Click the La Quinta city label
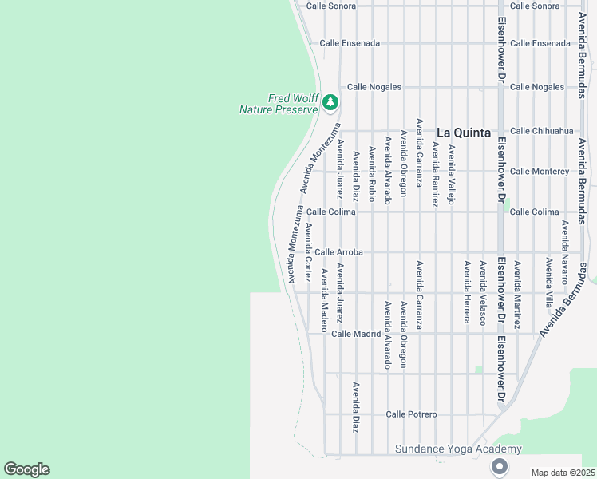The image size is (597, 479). [x=464, y=133]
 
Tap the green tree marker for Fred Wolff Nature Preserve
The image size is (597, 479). [x=330, y=102]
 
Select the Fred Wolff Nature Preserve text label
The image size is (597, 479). [x=279, y=104]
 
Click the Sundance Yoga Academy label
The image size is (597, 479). [x=458, y=449]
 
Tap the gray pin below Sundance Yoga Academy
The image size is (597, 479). [x=500, y=465]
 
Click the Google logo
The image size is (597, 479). [x=26, y=469]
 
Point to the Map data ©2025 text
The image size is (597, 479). [x=563, y=473]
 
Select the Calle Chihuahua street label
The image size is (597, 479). [x=541, y=131]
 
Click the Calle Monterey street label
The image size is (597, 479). [x=539, y=172]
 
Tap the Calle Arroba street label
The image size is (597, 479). [x=338, y=252]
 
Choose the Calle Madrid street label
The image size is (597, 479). [x=356, y=334]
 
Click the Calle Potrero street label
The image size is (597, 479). [x=411, y=414]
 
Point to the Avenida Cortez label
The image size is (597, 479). [x=308, y=251]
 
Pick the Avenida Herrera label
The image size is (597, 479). [x=467, y=291]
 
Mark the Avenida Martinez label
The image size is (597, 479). [x=517, y=295]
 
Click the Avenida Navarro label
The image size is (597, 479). [x=564, y=252]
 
